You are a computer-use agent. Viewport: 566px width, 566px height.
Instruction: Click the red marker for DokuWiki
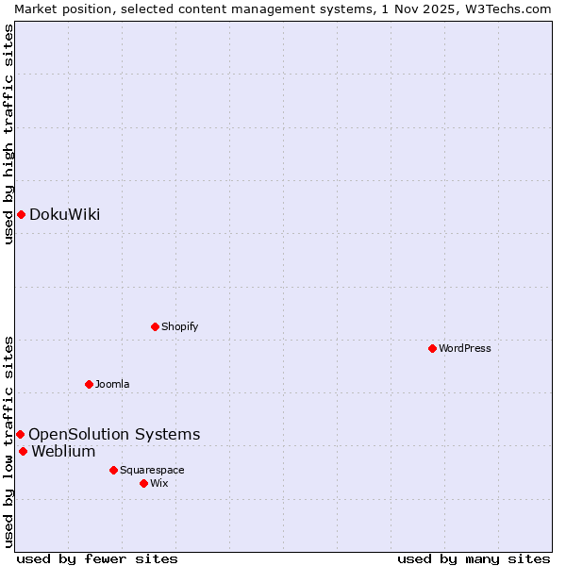(21, 214)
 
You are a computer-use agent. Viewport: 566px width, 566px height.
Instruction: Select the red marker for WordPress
(432, 348)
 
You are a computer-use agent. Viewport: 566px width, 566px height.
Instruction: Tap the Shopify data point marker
(155, 326)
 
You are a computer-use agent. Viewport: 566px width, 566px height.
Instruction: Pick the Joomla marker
(89, 384)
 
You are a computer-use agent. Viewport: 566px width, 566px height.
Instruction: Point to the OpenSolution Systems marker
(20, 434)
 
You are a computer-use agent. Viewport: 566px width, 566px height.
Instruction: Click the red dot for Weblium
(23, 451)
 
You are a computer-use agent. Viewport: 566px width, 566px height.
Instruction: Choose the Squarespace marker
(113, 470)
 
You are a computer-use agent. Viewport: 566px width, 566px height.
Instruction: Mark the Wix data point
(143, 483)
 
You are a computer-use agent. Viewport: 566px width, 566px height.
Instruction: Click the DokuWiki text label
(64, 214)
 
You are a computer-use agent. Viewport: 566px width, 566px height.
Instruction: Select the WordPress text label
(465, 348)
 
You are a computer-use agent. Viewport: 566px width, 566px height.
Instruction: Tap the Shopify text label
(180, 326)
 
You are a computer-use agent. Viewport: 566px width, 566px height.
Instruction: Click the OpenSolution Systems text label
(114, 434)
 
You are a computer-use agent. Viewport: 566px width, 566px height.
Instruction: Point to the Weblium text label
(63, 451)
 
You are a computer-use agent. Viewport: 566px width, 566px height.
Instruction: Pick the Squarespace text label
(152, 470)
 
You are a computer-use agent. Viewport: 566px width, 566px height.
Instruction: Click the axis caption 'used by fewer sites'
(97, 558)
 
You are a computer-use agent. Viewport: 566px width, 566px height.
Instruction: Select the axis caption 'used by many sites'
(474, 558)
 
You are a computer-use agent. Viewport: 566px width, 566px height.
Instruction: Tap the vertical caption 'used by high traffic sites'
(8, 134)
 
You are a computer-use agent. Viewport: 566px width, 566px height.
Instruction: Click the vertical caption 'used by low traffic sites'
(8, 441)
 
